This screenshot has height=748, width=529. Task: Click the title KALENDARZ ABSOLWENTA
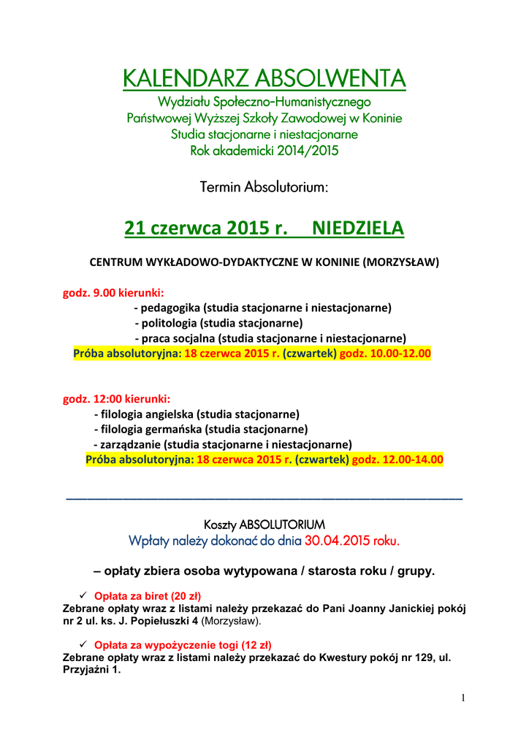(x=264, y=77)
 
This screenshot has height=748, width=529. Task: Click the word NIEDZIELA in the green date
(x=357, y=229)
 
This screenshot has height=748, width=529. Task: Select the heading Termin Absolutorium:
(x=264, y=188)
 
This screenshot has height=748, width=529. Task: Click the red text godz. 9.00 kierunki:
(x=113, y=293)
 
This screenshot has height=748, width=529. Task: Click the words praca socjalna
(x=178, y=338)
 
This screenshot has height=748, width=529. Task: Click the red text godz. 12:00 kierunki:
(x=117, y=399)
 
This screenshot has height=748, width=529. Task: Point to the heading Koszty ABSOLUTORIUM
(x=264, y=525)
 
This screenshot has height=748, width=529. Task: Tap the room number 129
(x=419, y=657)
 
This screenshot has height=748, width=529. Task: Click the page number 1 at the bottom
(x=463, y=698)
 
